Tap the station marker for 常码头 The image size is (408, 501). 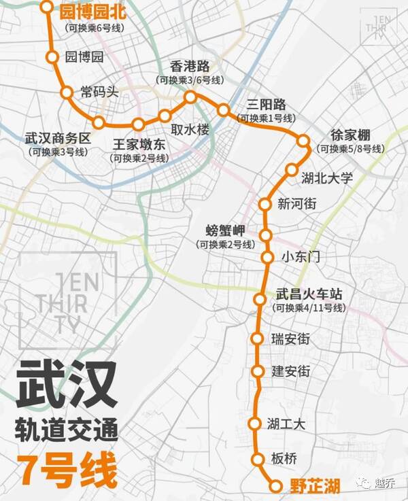pos(67,92)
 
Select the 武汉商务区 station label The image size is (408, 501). pos(58,138)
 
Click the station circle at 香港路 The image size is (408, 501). pos(190,97)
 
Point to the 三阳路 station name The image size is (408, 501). pos(266,105)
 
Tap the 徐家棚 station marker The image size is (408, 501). pos(303,141)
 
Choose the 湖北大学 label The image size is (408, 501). pos(327,178)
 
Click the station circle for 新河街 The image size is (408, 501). pos(266,204)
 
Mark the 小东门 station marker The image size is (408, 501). pos(267,257)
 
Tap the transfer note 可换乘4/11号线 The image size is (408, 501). pos(309,308)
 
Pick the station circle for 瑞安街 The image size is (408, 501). pos(257,339)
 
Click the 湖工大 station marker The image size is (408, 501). pos(254,424)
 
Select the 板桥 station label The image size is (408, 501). pos(284,459)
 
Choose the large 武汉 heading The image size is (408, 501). pos(67,385)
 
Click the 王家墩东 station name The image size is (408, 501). pos(139,144)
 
